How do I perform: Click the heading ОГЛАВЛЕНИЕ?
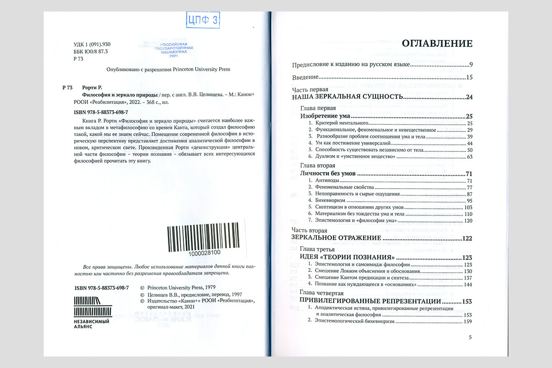click(437, 44)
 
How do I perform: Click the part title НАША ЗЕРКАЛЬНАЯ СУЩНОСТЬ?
click(348, 97)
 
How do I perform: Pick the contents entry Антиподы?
click(327, 181)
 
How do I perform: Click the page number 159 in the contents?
click(468, 322)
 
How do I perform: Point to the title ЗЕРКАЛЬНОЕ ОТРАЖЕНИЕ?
click(337, 238)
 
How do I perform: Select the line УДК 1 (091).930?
click(92, 45)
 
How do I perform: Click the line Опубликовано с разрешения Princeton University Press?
click(168, 69)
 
